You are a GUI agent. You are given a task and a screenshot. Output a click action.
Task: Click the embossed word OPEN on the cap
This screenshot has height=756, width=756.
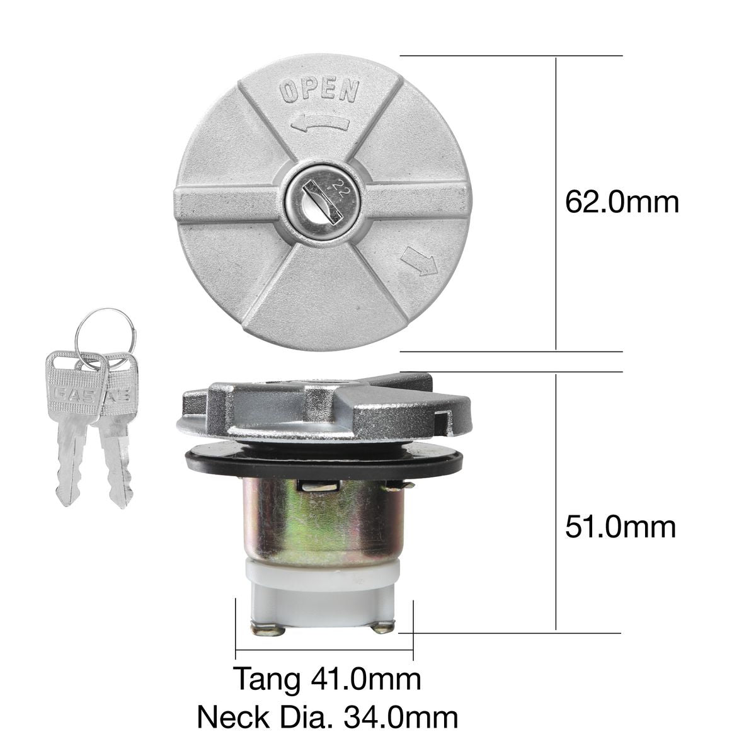tap(319, 92)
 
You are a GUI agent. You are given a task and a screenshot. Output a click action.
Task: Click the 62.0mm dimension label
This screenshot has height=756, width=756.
tap(621, 203)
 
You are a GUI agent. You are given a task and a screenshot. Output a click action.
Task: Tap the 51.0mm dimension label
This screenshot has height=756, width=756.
tap(620, 527)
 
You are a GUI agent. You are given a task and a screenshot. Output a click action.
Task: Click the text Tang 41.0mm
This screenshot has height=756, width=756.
tap(327, 679)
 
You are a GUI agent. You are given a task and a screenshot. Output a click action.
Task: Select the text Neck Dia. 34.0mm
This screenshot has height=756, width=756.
tap(327, 716)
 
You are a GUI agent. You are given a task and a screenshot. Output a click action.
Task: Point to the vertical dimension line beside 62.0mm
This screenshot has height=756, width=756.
tap(556, 203)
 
